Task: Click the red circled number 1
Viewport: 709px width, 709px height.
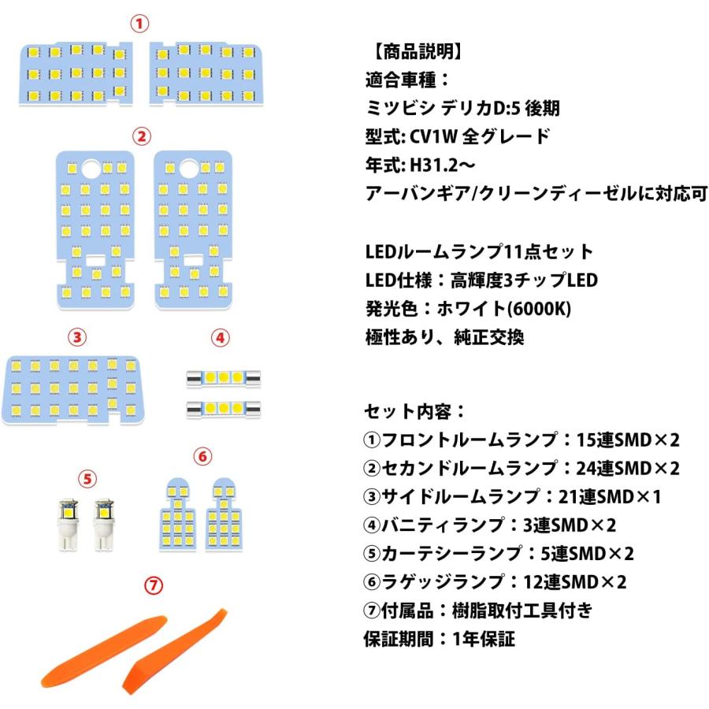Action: click(x=139, y=24)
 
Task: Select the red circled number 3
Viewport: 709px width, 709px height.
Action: click(x=76, y=337)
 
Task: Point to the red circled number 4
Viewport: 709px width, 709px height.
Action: click(x=221, y=337)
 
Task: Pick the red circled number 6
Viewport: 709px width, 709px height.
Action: click(x=202, y=456)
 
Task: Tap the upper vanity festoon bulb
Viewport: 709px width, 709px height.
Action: click(x=223, y=378)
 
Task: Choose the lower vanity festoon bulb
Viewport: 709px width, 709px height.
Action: click(x=223, y=408)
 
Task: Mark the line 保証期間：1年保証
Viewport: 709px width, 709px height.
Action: click(x=440, y=639)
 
